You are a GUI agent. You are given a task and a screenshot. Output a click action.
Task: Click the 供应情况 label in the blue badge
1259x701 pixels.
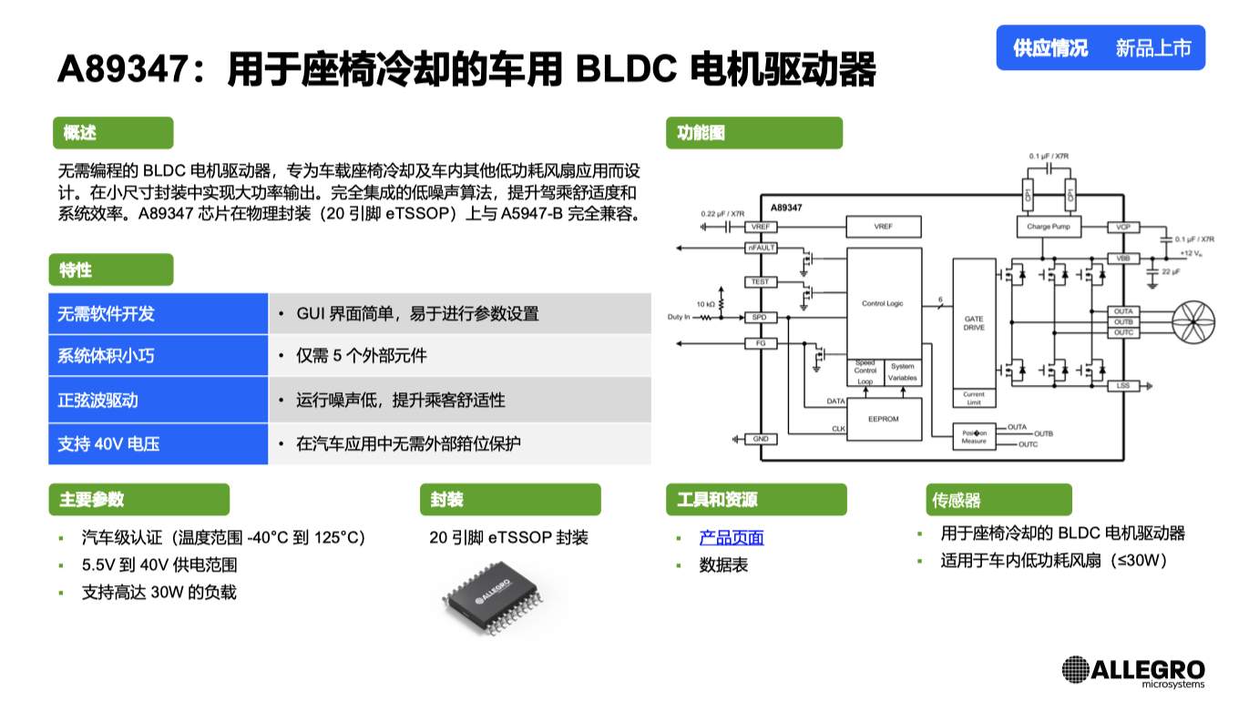(x=1050, y=48)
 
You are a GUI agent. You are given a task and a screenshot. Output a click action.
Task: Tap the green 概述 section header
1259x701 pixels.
(x=112, y=133)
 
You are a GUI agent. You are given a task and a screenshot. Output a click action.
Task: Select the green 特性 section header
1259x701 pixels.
(x=110, y=269)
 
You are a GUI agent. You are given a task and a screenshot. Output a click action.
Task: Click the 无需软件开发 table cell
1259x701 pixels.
(x=158, y=313)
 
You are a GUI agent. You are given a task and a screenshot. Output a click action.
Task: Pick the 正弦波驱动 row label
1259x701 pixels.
(x=158, y=401)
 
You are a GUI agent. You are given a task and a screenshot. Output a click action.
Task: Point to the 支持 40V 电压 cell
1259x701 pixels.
(x=158, y=444)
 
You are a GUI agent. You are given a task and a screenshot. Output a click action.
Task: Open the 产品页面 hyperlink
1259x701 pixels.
(x=731, y=537)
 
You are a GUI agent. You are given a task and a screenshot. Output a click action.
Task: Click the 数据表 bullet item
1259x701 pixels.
(x=723, y=565)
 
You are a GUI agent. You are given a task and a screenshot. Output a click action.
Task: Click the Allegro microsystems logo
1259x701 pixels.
(x=1133, y=672)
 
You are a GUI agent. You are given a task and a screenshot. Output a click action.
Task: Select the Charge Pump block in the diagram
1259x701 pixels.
(x=1049, y=227)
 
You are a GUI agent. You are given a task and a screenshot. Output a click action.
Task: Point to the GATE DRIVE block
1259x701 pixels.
(x=974, y=323)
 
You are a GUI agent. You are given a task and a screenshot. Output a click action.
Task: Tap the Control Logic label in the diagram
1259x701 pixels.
(x=882, y=303)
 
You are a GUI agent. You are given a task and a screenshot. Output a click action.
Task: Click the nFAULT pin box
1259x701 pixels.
(x=761, y=248)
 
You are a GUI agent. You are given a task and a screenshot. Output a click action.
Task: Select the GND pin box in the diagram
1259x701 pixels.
(x=761, y=439)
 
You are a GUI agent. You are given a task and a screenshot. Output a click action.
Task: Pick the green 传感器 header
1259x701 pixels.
(x=998, y=500)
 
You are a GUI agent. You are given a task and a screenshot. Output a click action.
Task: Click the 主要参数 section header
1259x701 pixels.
(x=138, y=500)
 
